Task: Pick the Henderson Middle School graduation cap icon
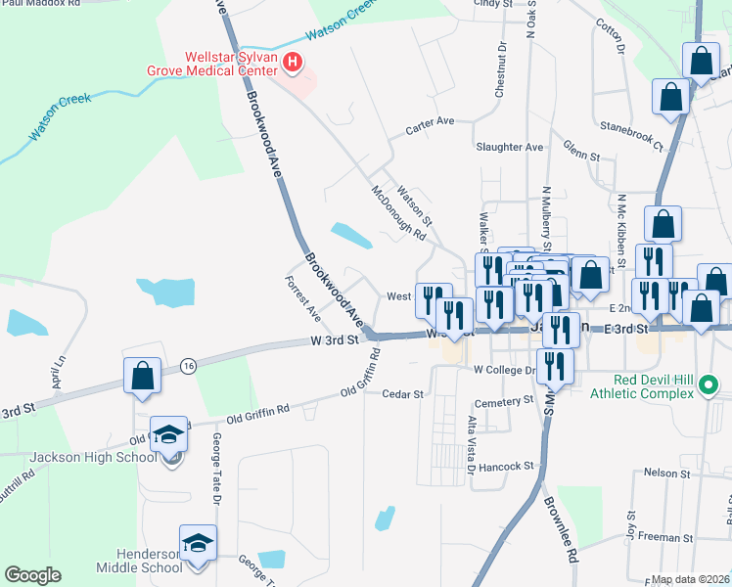[198, 544]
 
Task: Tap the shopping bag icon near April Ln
[142, 375]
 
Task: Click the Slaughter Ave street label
[509, 147]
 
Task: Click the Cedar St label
[402, 394]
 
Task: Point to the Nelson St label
[666, 473]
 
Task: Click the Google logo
[32, 574]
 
